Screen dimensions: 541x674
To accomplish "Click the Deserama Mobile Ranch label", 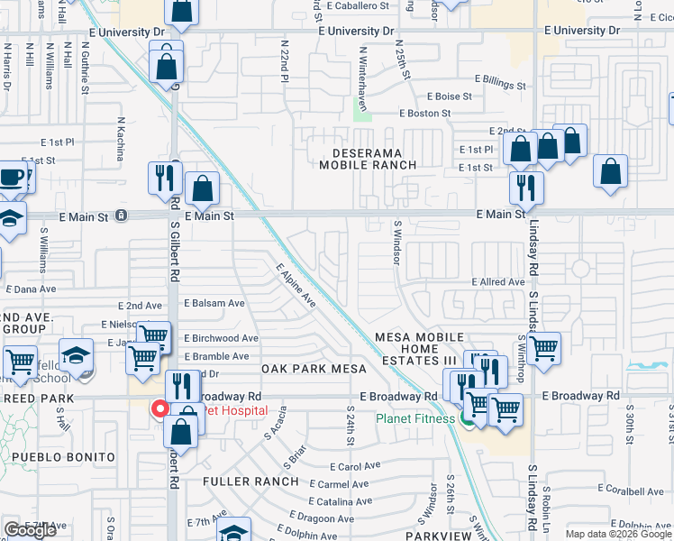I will tap(369, 159).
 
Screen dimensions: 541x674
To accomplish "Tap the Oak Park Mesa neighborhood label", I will tap(314, 370).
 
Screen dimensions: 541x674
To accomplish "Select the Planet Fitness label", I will tap(414, 418).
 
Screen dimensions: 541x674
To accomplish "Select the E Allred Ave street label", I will tap(497, 282).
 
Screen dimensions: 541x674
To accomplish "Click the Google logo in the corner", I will tap(31, 530).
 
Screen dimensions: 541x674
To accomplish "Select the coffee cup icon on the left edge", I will tap(11, 177).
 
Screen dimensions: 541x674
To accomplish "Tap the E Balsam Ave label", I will tap(214, 304).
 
